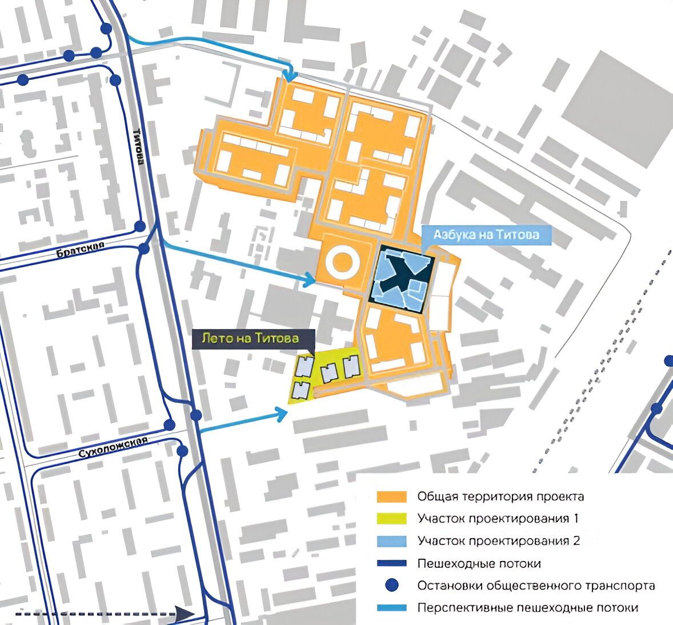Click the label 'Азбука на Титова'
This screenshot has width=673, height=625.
pyautogui.click(x=486, y=235)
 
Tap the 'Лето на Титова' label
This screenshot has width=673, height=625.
pyautogui.click(x=250, y=338)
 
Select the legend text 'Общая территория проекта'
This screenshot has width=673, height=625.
pyautogui.click(x=500, y=496)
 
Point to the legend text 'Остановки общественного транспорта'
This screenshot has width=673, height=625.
pyautogui.click(x=536, y=586)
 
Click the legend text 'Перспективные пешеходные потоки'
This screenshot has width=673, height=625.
pyautogui.click(x=527, y=608)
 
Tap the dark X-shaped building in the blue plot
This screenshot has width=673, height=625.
pyautogui.click(x=402, y=273)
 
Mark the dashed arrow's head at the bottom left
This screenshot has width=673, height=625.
pyautogui.click(x=185, y=614)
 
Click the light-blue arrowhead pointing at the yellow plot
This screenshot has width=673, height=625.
pyautogui.click(x=282, y=413)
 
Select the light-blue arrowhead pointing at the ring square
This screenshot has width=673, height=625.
pyautogui.click(x=310, y=279)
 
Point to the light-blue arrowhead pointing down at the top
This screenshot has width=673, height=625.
pyautogui.click(x=291, y=76)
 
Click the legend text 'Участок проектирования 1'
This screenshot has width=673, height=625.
pyautogui.click(x=498, y=518)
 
